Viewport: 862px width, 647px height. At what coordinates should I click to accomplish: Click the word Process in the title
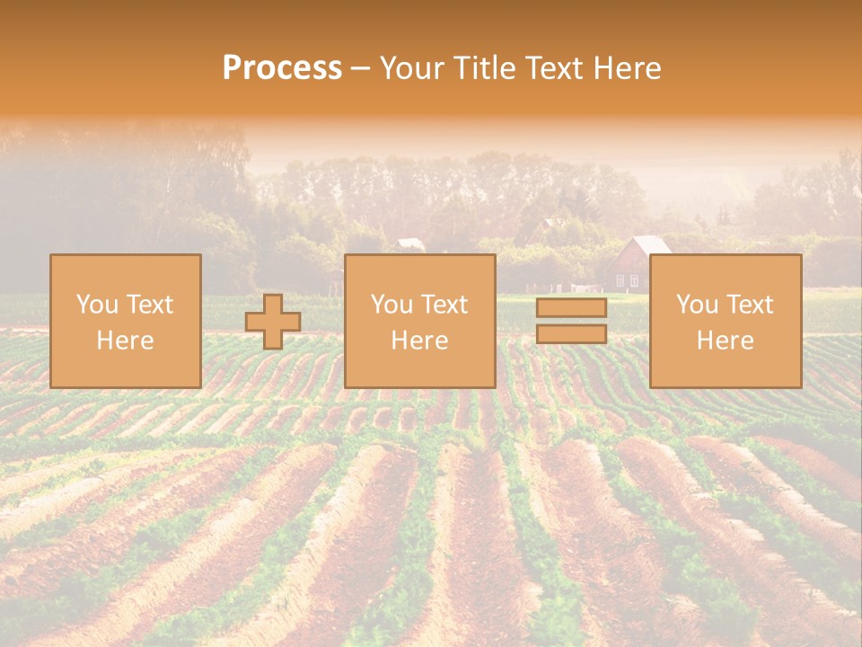tap(282, 68)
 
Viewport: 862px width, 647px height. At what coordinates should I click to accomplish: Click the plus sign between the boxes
tap(273, 321)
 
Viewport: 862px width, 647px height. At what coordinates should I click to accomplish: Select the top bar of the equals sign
tap(571, 308)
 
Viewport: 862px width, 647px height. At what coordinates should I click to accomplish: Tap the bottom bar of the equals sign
tap(571, 333)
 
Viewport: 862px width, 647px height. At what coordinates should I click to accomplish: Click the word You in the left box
tap(96, 305)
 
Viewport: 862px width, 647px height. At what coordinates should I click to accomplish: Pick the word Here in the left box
tap(125, 341)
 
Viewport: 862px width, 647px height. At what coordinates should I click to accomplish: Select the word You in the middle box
tap(391, 305)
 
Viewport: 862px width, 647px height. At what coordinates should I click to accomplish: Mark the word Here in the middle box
tap(419, 341)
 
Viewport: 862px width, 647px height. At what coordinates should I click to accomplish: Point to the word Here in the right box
tap(725, 341)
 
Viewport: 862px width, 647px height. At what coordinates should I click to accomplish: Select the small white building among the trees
tap(410, 244)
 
